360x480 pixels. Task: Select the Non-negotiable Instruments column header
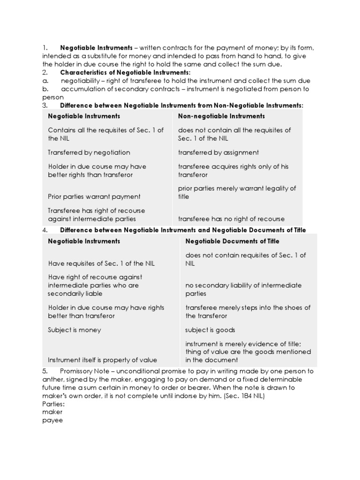(x=221, y=116)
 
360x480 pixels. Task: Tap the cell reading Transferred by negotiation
(x=89, y=152)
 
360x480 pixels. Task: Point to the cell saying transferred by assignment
(x=218, y=152)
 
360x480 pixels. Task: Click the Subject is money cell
(x=74, y=330)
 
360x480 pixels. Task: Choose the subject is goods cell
(x=210, y=330)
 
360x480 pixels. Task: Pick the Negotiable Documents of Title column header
(x=232, y=241)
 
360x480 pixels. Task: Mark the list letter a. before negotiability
(x=45, y=81)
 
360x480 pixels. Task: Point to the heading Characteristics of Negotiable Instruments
(x=125, y=72)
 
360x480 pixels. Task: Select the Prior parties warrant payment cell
(x=94, y=196)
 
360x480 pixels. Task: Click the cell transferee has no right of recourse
(x=231, y=219)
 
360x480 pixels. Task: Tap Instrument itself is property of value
(x=102, y=360)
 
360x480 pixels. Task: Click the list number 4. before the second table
(x=45, y=230)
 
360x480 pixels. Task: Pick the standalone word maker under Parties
(x=52, y=412)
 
